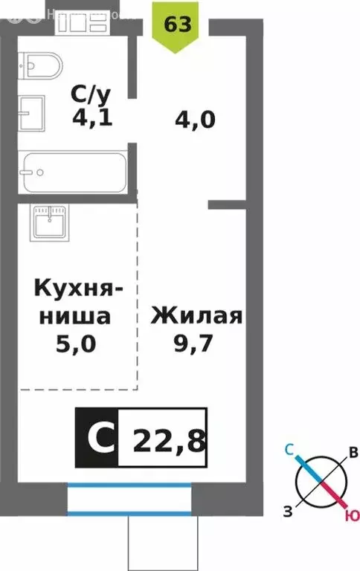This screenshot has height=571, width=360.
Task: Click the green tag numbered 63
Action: [x=177, y=25]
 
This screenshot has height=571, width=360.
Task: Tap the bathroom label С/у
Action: [x=91, y=94]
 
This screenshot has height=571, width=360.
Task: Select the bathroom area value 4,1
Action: [x=92, y=117]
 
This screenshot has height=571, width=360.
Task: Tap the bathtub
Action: [x=74, y=172]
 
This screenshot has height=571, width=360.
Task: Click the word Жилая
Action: [x=197, y=315]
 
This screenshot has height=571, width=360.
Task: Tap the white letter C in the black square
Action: [x=96, y=439]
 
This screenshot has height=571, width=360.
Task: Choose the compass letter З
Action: [x=286, y=509]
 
